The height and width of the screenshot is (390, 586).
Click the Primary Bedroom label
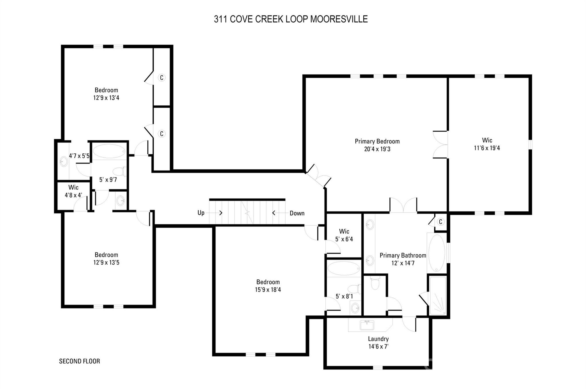click(377, 141)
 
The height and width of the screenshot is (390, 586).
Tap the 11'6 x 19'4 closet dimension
click(487, 148)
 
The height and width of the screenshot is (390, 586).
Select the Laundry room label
click(378, 339)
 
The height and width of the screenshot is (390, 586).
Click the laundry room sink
click(367, 325)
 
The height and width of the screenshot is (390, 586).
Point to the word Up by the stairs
click(201, 213)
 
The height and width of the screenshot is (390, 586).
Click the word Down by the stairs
click(297, 213)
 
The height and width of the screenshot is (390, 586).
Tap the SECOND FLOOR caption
click(80, 361)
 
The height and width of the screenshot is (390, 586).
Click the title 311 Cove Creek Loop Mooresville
click(291, 19)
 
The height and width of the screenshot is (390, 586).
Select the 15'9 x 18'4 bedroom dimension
click(268, 290)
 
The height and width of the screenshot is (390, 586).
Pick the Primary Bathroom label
click(403, 255)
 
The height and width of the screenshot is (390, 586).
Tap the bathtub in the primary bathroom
click(436, 253)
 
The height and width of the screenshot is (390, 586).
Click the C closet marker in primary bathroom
click(441, 222)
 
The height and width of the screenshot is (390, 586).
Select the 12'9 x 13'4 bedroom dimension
click(106, 98)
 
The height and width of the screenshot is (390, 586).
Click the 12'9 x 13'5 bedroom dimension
click(106, 262)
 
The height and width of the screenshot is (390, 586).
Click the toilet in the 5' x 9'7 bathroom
click(119, 172)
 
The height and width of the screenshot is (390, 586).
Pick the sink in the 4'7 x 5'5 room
click(64, 162)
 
